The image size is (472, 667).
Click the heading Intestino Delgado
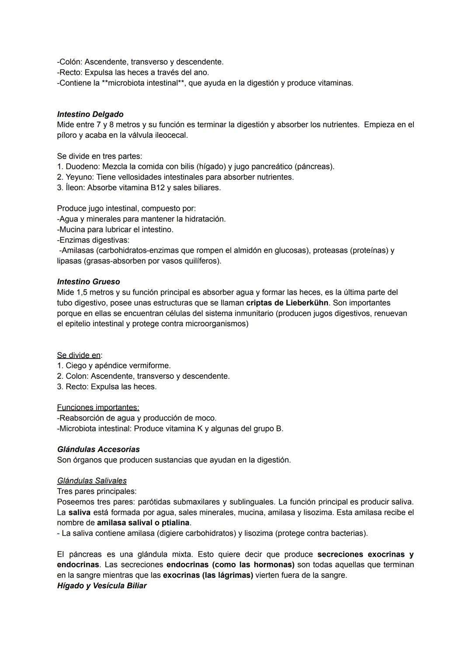(90, 114)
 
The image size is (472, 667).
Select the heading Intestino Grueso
(88, 282)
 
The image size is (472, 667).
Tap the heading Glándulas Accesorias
(98, 449)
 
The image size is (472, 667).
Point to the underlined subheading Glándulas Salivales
(92, 481)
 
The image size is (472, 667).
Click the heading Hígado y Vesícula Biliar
(102, 586)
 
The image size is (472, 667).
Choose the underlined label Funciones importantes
(98, 407)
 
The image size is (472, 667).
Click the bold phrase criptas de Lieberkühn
(287, 303)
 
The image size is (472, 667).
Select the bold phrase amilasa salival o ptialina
(143, 523)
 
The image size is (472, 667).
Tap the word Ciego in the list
(76, 366)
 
